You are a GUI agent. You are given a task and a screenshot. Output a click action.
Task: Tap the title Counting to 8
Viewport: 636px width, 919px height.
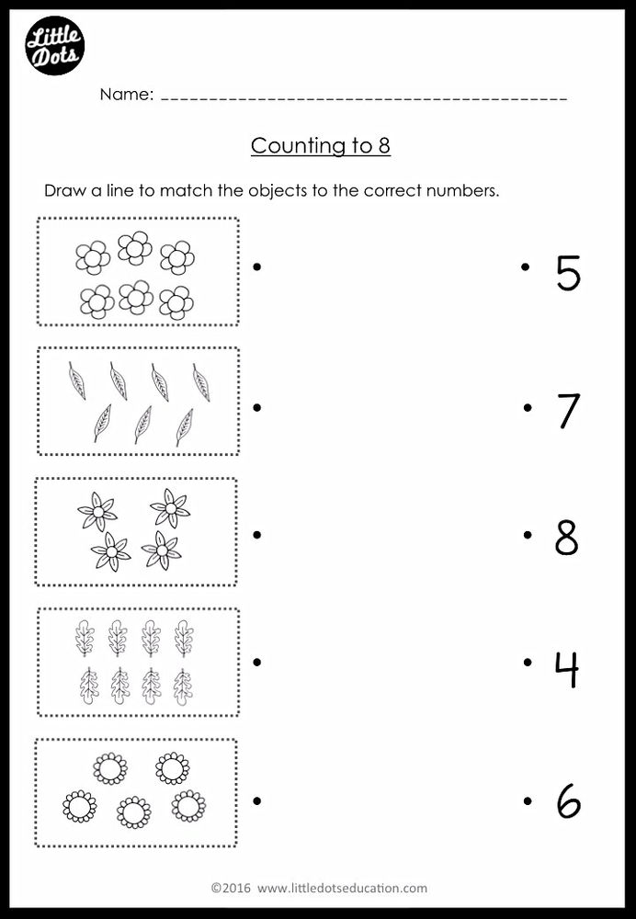tap(321, 146)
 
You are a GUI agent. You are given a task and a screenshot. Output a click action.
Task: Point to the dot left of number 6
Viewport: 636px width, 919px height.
tap(527, 801)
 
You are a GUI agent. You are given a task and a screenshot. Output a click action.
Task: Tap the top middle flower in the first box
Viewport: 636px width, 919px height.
tap(135, 247)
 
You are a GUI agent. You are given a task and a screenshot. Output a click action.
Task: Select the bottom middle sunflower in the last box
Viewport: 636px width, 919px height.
tap(134, 811)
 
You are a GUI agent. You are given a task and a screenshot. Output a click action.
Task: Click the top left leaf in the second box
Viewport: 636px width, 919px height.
tap(77, 380)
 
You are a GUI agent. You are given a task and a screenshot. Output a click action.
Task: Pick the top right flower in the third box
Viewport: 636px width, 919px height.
tap(170, 507)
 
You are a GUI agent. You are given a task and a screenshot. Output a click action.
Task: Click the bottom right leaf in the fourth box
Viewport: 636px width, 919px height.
tap(184, 686)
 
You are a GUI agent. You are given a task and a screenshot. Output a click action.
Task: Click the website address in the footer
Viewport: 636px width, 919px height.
tap(342, 888)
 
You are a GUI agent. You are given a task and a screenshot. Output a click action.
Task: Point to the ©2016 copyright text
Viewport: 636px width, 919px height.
tap(230, 888)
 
